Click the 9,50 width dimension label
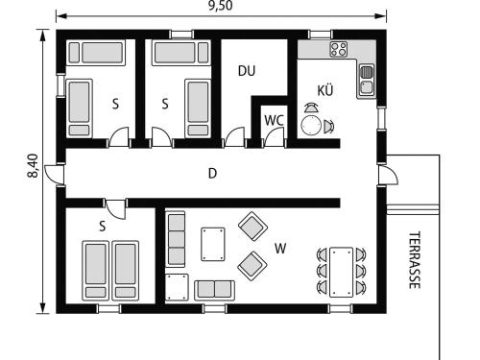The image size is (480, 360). pos(221,6)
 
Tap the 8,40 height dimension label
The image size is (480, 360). pos(33,165)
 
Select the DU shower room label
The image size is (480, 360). pos(247,71)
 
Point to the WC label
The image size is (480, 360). pos(274,121)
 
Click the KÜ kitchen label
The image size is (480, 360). pos(325,90)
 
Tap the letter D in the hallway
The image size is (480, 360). pos(212,174)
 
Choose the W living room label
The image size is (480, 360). pos(280,249)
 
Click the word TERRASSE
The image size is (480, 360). pos(415,260)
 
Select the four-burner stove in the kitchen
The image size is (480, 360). pos(339,49)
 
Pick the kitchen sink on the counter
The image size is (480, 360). pos(367,81)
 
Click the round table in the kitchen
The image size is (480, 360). pos(311,125)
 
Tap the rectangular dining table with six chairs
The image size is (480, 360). pos(342,272)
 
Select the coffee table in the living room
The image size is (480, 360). pos(213,244)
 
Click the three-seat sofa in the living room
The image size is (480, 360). pos(176,239)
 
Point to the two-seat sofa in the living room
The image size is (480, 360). pos(214,290)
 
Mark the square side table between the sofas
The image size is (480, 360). pos(177,287)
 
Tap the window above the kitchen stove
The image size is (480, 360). pos(321,34)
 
